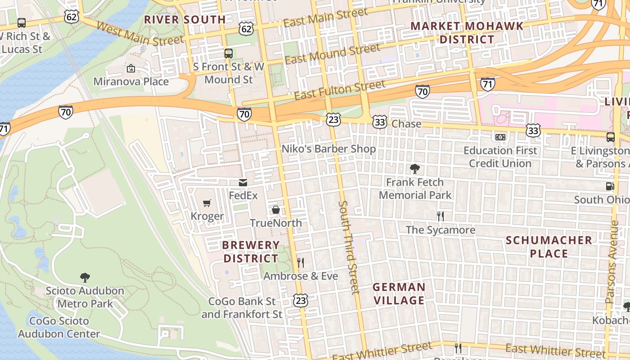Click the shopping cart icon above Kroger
coord(207,203)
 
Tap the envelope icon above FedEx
coord(243,182)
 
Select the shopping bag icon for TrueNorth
coord(276,210)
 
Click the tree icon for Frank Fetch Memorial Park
coord(415,169)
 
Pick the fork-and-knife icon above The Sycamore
coord(441,216)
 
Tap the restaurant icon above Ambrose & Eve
coord(301,262)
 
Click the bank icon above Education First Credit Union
coord(500,137)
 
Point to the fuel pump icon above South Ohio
coord(610,186)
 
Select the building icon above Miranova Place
coord(131,68)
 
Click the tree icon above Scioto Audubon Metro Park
coord(85,277)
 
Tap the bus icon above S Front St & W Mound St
coord(229,53)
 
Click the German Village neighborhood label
coord(399,293)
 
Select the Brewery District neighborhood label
coord(251,252)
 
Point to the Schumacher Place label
coord(549,247)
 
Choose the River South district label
coord(184,20)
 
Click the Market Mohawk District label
coord(467,32)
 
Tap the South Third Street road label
coord(349,247)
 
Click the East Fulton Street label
coord(340,90)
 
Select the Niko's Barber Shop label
coord(328,148)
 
